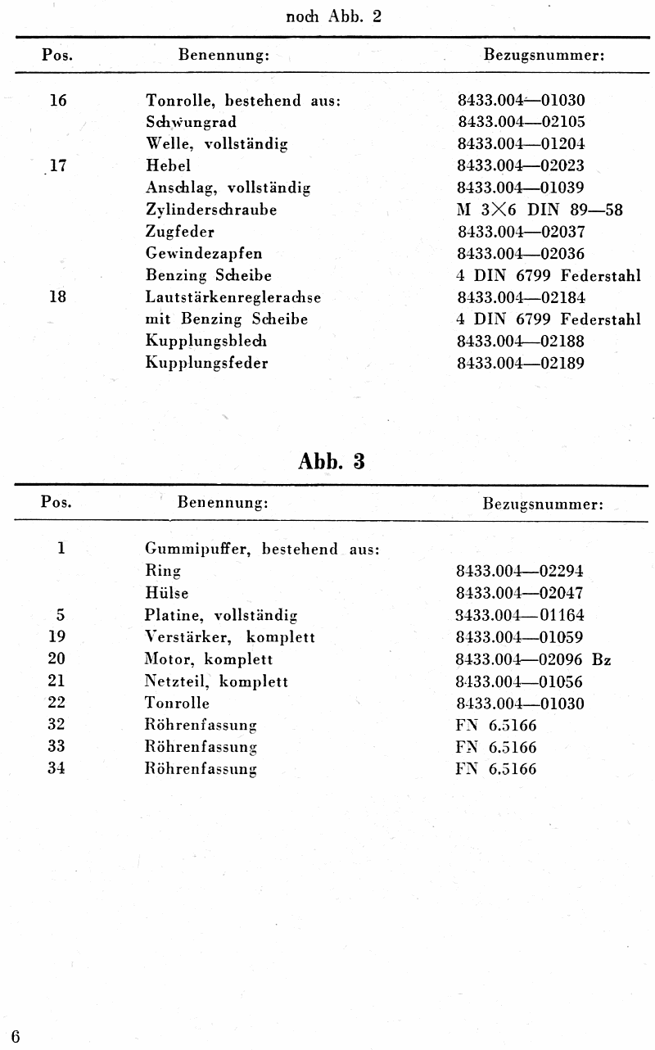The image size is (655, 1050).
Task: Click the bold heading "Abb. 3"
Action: pyautogui.click(x=332, y=461)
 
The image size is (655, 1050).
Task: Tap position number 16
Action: pyautogui.click(x=58, y=101)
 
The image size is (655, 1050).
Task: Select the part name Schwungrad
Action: pyautogui.click(x=191, y=122)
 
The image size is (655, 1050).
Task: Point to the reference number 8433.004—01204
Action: pyautogui.click(x=520, y=144)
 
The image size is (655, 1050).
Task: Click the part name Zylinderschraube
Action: pyautogui.click(x=211, y=210)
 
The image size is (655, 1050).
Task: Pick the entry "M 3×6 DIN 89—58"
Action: pyautogui.click(x=540, y=210)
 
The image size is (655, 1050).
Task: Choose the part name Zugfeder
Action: pyautogui.click(x=179, y=232)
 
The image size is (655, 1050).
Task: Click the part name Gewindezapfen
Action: pyautogui.click(x=204, y=254)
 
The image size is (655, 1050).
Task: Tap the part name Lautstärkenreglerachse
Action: pyautogui.click(x=233, y=297)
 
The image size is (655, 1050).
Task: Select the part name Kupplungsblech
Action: pyautogui.click(x=206, y=341)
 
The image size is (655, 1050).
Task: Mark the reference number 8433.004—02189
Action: pyautogui.click(x=520, y=363)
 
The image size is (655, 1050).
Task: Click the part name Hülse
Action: pyautogui.click(x=167, y=593)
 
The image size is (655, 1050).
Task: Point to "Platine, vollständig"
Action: pyautogui.click(x=221, y=615)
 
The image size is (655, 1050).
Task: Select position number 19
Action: pyautogui.click(x=56, y=636)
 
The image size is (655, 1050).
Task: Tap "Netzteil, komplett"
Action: pyautogui.click(x=216, y=681)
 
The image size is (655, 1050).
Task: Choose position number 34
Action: pyautogui.click(x=56, y=768)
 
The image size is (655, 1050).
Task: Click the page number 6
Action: pyautogui.click(x=16, y=1037)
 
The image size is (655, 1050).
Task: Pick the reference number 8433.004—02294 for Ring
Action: pyautogui.click(x=520, y=571)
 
